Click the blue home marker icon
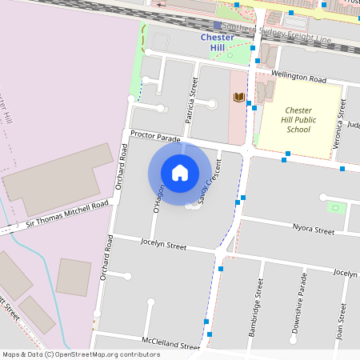pos(180,173)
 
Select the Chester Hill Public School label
pos(298,119)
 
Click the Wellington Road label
pos(299,79)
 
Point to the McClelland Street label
pos(170,342)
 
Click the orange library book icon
pos(238,98)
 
